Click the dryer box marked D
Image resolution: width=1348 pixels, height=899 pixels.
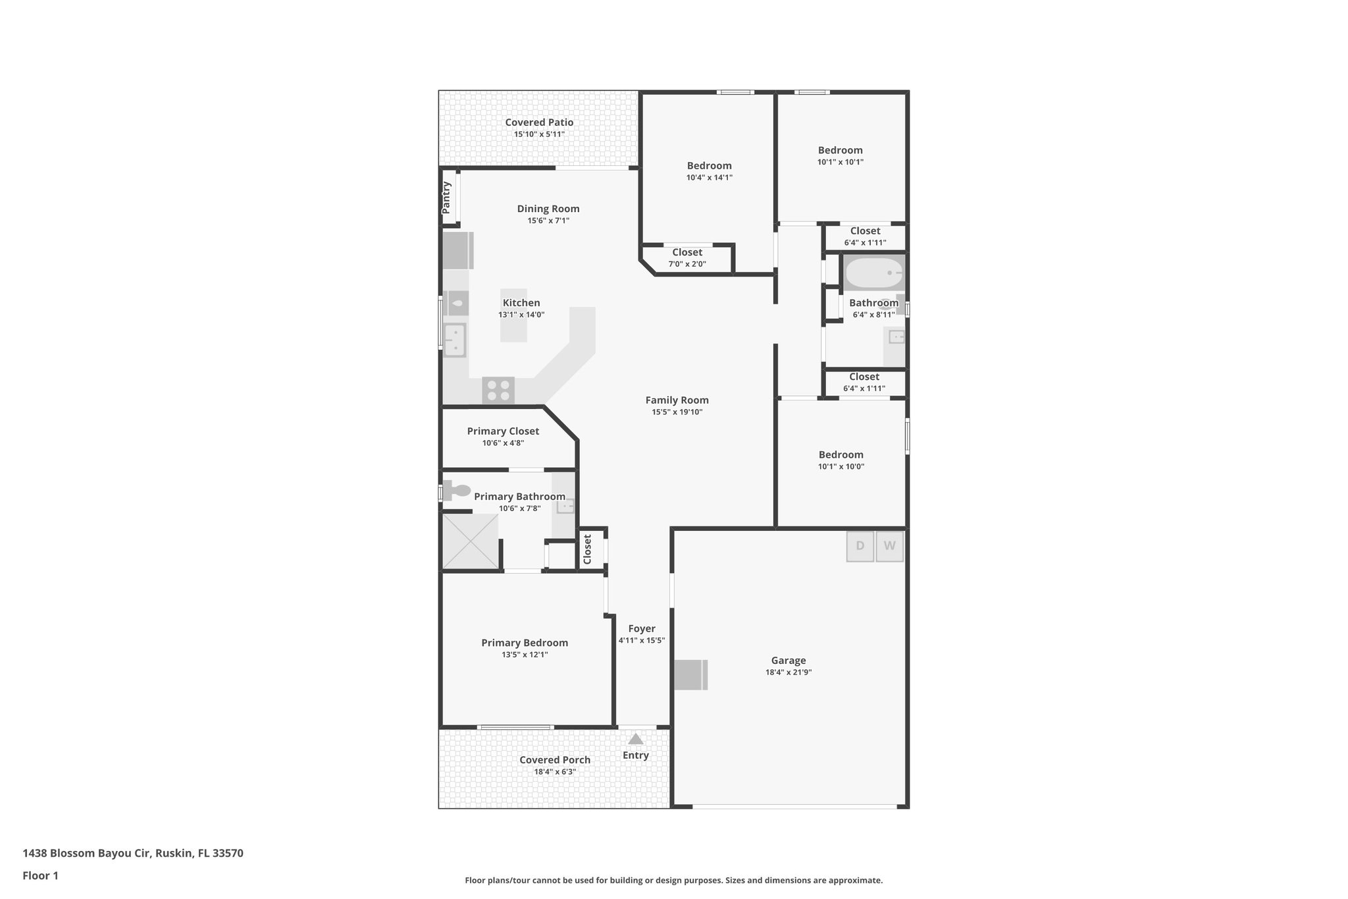point(860,546)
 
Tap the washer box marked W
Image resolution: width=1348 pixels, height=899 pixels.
point(889,546)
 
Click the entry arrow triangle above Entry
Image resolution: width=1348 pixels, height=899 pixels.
point(635,739)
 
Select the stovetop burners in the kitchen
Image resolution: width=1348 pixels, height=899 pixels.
point(498,391)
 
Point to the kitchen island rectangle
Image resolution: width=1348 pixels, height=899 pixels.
point(513,315)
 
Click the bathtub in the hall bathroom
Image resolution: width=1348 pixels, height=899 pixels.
point(874,273)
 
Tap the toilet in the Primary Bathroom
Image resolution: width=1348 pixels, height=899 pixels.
point(457,491)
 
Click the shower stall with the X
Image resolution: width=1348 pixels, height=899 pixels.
point(470,541)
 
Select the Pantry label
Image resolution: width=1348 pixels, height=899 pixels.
point(446,197)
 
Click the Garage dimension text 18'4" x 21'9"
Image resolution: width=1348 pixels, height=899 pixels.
point(788,672)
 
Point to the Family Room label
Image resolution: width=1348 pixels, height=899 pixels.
point(677,400)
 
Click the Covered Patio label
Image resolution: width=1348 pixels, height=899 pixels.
point(539,123)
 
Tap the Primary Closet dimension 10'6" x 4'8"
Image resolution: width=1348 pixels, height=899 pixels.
point(503,443)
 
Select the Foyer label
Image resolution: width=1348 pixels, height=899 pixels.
point(641,628)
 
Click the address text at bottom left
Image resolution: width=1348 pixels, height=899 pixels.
point(133,853)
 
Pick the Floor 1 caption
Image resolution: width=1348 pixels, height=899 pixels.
point(41,875)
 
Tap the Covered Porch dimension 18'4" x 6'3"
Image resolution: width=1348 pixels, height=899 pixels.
point(555,772)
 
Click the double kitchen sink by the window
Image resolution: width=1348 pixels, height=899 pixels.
point(454,340)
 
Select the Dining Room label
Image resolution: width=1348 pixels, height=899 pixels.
point(548,209)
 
